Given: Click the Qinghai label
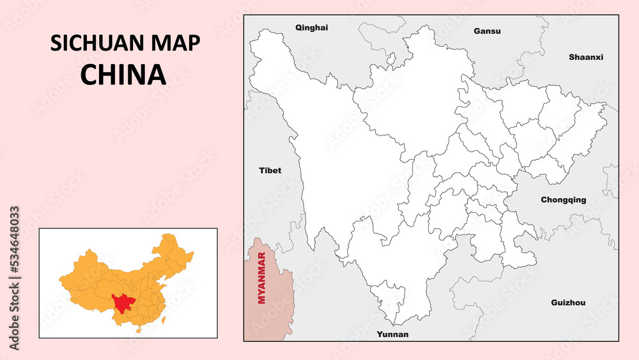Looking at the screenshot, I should [311, 27].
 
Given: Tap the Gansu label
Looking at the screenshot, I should [487, 31].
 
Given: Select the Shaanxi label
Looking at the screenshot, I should [586, 57].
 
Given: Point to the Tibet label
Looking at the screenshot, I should [270, 171].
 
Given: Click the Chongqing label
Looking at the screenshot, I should [563, 200].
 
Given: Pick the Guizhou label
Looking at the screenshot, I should [568, 302].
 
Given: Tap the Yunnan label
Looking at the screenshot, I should [392, 334].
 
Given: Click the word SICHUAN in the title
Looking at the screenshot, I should [98, 43].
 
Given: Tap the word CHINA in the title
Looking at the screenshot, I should [123, 75].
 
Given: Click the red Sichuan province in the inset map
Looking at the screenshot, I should [120, 301].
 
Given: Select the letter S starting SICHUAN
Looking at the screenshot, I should [55, 43].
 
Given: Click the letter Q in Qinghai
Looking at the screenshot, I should [298, 27].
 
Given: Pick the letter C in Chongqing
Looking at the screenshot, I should [544, 200].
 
